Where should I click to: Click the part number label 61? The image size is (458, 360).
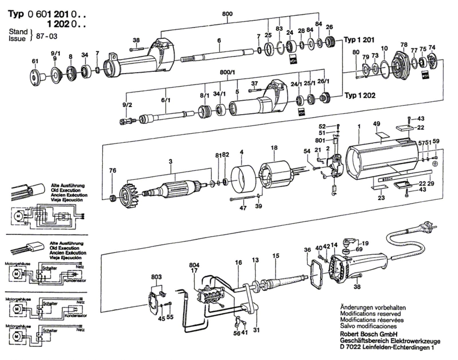[35, 61]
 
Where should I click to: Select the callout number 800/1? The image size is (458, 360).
[227, 73]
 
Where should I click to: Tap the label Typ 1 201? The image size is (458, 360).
[359, 40]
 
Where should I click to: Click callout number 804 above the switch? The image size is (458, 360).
[194, 265]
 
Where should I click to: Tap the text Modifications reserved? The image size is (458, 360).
[370, 314]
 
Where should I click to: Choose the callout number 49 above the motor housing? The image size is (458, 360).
[376, 124]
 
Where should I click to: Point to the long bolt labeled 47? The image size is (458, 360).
[242, 199]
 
